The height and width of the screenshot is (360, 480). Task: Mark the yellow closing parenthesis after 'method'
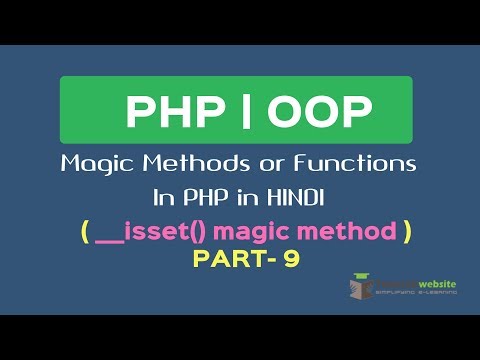[x=405, y=232]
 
